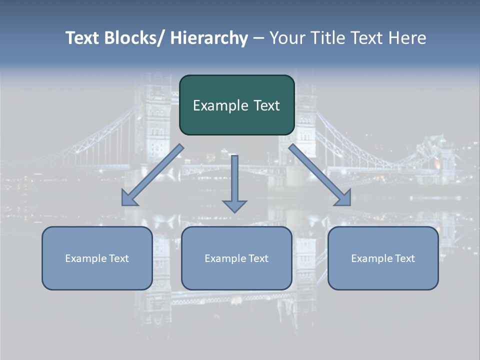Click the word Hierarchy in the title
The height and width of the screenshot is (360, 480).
(x=209, y=38)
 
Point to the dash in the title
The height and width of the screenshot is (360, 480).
(x=258, y=38)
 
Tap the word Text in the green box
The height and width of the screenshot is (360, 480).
(x=266, y=105)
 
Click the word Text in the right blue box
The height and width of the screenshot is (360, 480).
(x=404, y=258)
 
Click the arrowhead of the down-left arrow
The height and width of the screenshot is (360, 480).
(x=128, y=199)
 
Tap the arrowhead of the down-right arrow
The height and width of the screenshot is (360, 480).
(x=343, y=198)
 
